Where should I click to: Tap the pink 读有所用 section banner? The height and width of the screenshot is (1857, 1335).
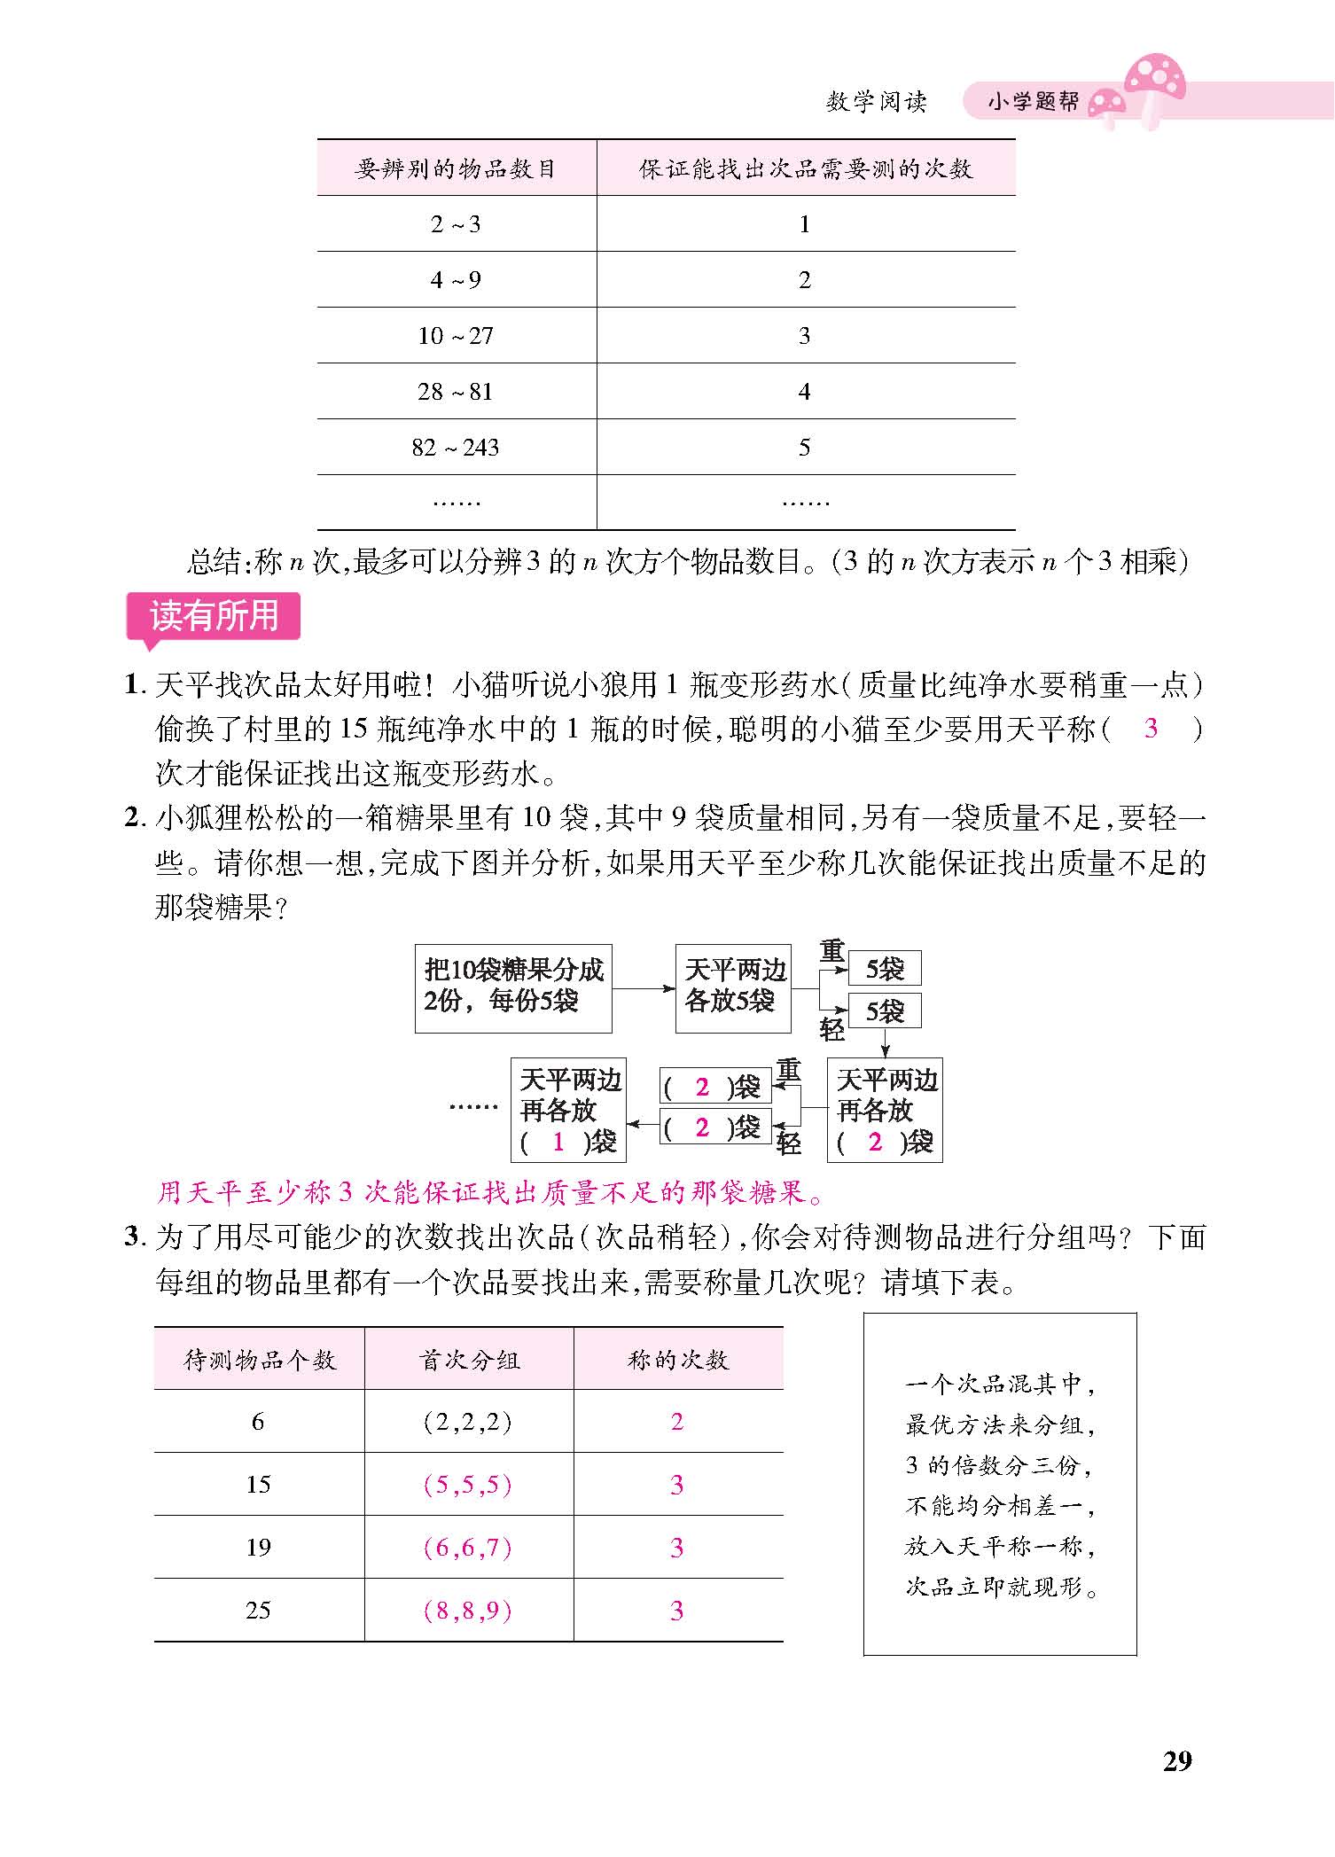(214, 616)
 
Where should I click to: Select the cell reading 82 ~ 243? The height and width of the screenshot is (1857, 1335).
(456, 448)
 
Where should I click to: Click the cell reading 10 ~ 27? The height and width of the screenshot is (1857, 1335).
(456, 336)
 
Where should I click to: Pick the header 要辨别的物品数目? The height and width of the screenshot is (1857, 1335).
(456, 168)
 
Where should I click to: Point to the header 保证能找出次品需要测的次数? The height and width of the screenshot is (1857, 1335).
(805, 168)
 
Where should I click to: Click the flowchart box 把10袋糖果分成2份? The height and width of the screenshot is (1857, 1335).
(513, 988)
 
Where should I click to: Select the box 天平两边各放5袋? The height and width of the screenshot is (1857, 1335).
(733, 988)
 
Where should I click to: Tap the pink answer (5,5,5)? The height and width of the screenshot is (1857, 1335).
(468, 1485)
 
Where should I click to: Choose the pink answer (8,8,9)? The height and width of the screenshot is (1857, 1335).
(468, 1611)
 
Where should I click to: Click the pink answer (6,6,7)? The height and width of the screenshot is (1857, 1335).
(468, 1548)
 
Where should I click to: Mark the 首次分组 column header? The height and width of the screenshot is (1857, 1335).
(468, 1360)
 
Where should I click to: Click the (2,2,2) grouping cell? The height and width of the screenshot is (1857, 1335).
(468, 1422)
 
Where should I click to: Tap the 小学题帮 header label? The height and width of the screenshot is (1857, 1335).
(1033, 102)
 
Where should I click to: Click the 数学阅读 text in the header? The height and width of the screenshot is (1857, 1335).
(876, 102)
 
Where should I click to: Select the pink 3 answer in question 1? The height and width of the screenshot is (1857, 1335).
(1151, 729)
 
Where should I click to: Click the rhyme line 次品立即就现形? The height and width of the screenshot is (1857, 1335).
(1001, 1587)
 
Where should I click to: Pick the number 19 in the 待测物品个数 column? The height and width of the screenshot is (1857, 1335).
(258, 1548)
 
